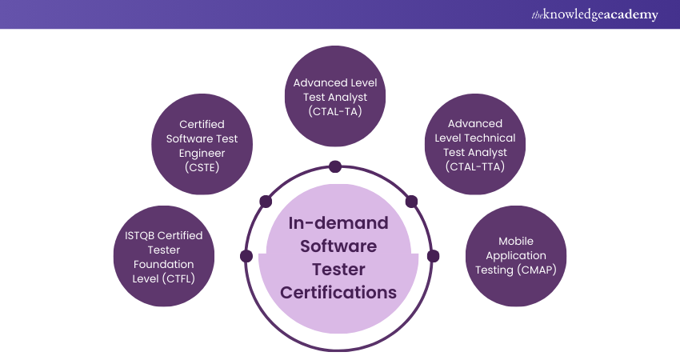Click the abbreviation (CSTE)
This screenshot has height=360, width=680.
(x=202, y=167)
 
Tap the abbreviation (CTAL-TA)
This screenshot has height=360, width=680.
(x=335, y=110)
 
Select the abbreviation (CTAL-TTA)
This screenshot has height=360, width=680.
(x=475, y=166)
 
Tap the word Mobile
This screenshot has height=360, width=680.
(x=515, y=241)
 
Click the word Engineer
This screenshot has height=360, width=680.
(x=202, y=153)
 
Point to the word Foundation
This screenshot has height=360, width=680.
(x=164, y=263)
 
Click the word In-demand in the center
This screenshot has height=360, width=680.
(x=338, y=222)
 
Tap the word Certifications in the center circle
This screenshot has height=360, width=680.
(x=338, y=292)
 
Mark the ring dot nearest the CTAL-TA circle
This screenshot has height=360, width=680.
(x=335, y=166)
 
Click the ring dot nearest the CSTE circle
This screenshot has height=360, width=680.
(x=265, y=200)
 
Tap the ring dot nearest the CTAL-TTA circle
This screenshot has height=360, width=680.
(x=412, y=201)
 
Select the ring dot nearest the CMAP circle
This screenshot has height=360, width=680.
(x=433, y=256)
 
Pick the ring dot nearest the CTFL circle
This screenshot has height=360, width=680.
(x=246, y=256)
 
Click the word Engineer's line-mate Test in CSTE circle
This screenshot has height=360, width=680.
(x=226, y=138)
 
